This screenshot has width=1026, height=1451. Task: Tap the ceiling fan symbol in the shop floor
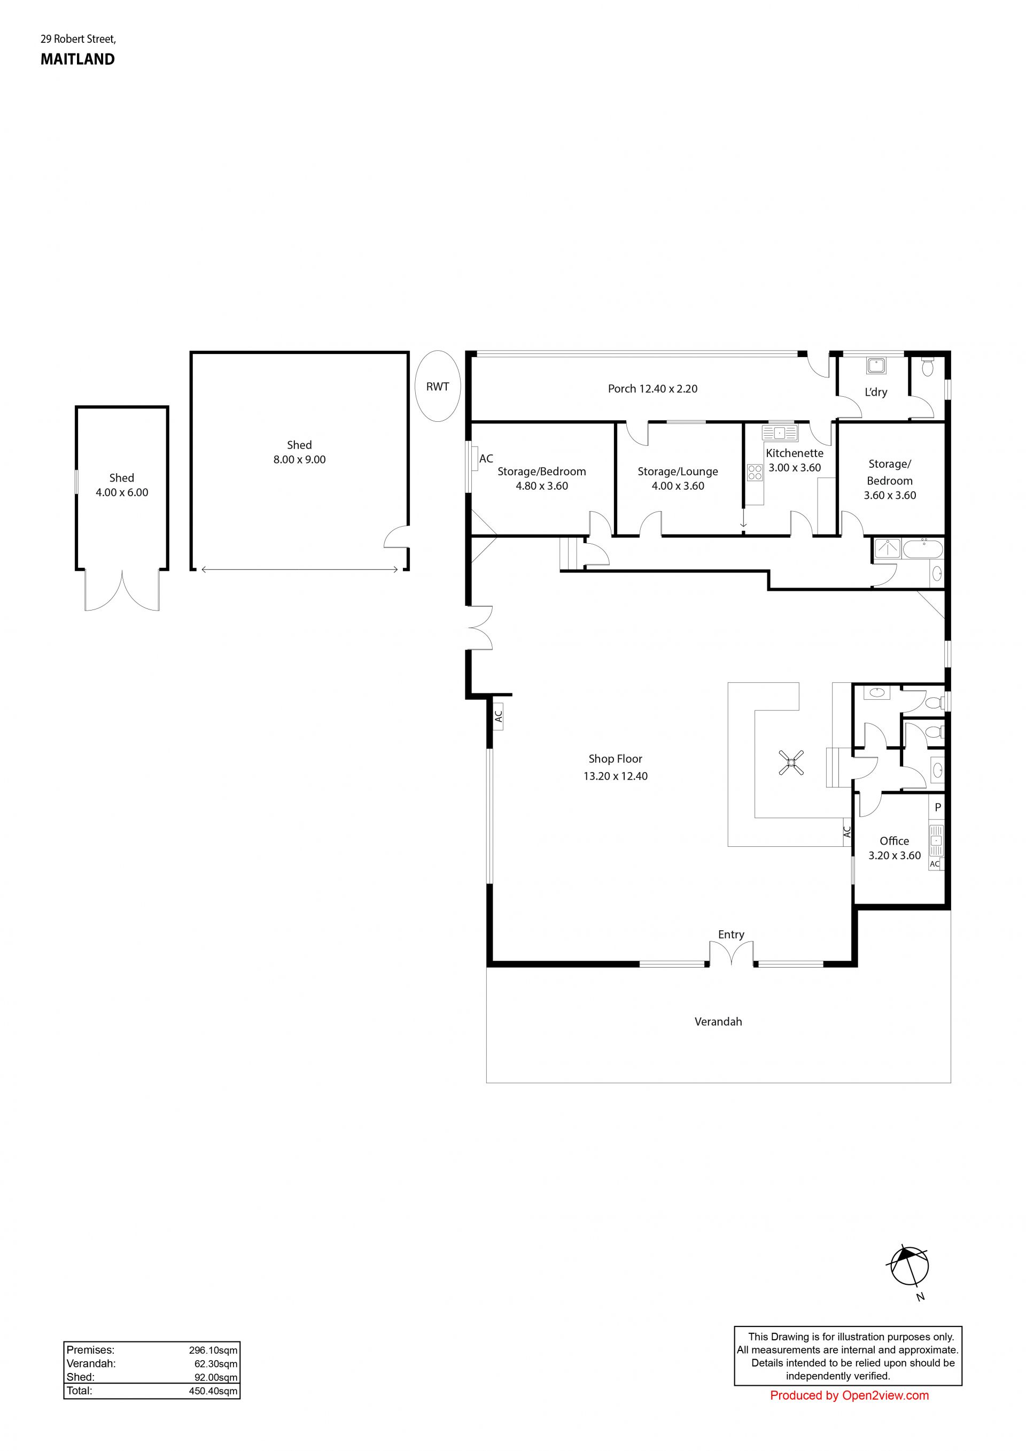(791, 762)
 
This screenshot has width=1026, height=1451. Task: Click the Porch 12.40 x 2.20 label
(652, 389)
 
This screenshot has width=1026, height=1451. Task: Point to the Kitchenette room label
(794, 453)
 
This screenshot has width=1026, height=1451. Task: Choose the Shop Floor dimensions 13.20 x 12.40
(616, 776)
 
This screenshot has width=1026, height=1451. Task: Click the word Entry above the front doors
(731, 935)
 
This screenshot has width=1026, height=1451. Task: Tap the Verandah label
(718, 1022)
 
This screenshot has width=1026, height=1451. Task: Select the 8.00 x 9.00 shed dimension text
(299, 459)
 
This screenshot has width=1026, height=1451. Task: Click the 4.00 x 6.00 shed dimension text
(122, 492)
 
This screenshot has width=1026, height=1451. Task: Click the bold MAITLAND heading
(77, 59)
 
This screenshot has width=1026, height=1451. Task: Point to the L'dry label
(876, 392)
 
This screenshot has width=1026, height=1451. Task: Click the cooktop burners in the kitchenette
(755, 473)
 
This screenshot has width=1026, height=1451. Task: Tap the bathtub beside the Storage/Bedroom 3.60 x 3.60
(923, 549)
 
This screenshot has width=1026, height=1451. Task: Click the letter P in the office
(937, 807)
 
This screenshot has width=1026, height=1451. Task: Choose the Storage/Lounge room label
(678, 472)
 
